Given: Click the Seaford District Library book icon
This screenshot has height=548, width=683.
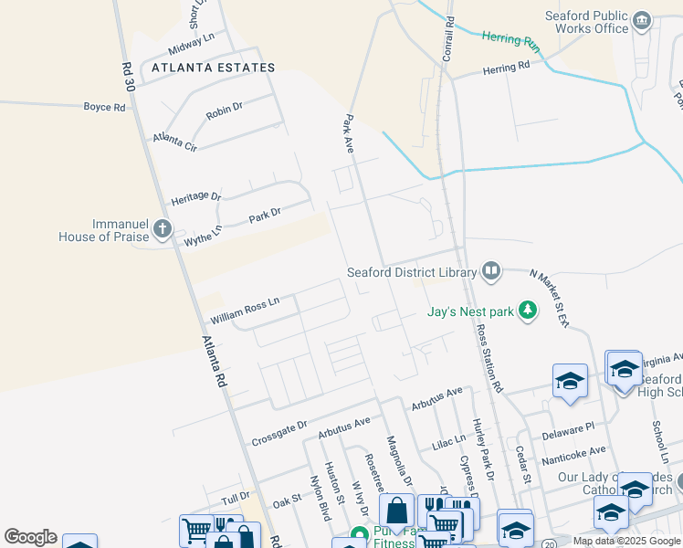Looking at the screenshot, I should coord(491,270).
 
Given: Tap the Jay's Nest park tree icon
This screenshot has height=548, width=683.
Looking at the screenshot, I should coord(527,311).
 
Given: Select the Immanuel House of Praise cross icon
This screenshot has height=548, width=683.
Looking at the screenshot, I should coord(163,228).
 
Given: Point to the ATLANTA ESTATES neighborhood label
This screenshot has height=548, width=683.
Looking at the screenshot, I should coord(213,68).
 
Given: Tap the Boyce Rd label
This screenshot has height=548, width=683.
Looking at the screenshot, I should coord(104,107).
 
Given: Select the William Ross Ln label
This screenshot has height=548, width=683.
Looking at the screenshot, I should coord(244,311).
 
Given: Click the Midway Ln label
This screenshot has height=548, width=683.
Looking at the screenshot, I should coord(191,43).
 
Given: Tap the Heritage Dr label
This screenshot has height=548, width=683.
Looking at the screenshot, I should coord(196,198).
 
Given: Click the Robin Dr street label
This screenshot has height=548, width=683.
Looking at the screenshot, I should coord(225,112).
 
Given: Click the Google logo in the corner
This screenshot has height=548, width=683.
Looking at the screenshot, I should coord(30,537).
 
